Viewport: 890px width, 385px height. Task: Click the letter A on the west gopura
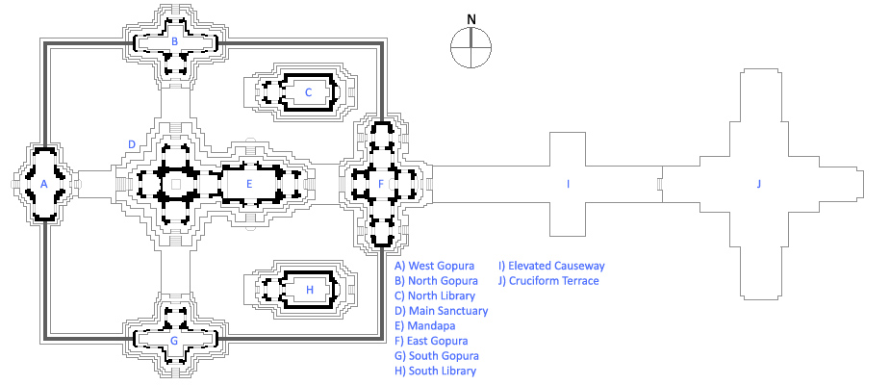pyautogui.click(x=43, y=183)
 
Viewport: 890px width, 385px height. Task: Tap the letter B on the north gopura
pyautogui.click(x=174, y=41)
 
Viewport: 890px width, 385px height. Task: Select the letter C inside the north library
pyautogui.click(x=308, y=92)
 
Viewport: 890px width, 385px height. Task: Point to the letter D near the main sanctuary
pyautogui.click(x=132, y=144)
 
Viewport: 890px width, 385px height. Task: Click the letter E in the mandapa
pyautogui.click(x=249, y=183)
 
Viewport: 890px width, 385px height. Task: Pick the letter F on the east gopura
pyautogui.click(x=381, y=183)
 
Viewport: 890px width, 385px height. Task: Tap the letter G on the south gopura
pyautogui.click(x=174, y=340)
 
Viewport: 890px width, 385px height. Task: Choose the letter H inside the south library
pyautogui.click(x=309, y=289)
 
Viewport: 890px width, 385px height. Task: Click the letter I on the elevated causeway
pyautogui.click(x=568, y=183)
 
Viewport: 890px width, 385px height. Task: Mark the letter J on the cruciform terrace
pyautogui.click(x=758, y=183)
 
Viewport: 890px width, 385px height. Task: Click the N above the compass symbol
pyautogui.click(x=470, y=18)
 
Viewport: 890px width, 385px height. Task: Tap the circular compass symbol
pyautogui.click(x=470, y=48)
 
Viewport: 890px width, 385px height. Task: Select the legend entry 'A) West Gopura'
pyautogui.click(x=434, y=265)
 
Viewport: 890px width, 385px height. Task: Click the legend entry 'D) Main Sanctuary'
pyautogui.click(x=442, y=311)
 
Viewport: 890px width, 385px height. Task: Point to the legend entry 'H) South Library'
pyautogui.click(x=436, y=371)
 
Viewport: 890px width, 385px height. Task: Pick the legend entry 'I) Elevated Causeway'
pyautogui.click(x=551, y=265)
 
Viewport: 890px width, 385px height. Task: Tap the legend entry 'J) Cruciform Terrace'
pyautogui.click(x=548, y=281)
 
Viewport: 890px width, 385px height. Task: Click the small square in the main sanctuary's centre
pyautogui.click(x=175, y=182)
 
